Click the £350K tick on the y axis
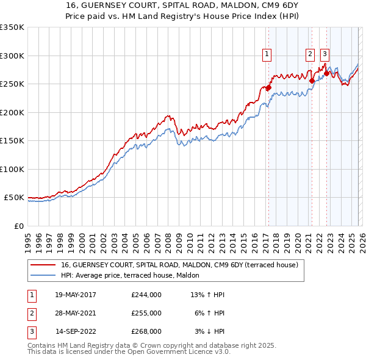click(12, 27)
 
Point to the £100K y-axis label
click(12, 169)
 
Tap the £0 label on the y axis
click(18, 226)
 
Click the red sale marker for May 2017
click(268, 87)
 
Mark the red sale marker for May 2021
click(312, 81)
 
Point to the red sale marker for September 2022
click(326, 74)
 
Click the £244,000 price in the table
click(146, 295)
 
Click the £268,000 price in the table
click(146, 331)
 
